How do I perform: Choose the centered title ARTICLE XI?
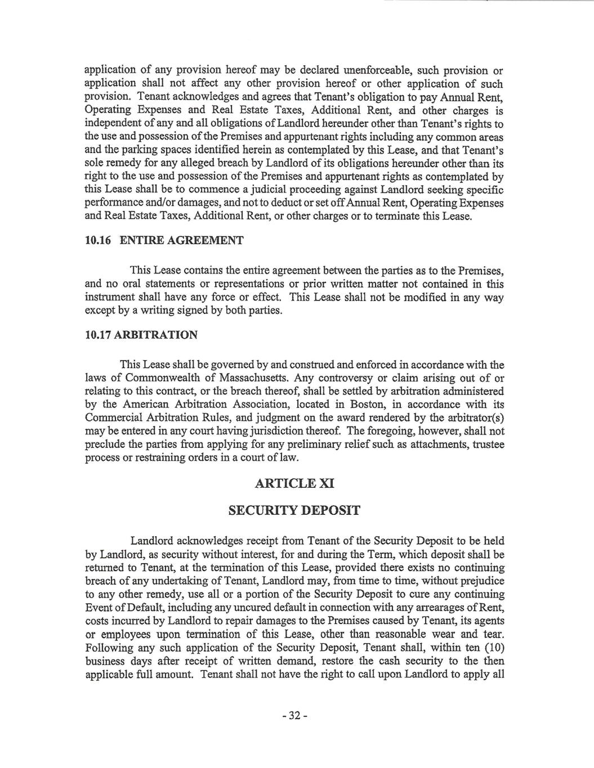tap(294, 483)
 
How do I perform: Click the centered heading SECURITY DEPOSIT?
tap(294, 511)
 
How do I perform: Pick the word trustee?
tap(488, 444)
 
